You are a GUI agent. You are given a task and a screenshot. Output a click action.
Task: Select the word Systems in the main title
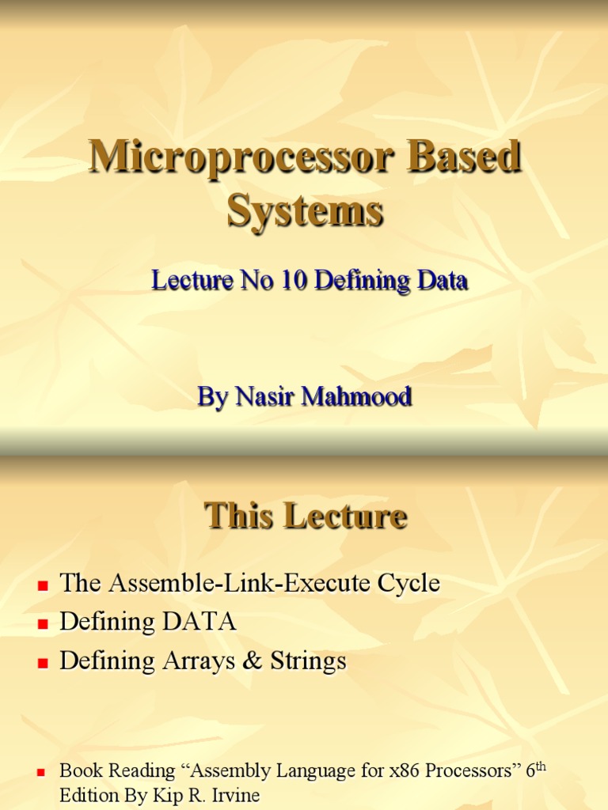pyautogui.click(x=305, y=211)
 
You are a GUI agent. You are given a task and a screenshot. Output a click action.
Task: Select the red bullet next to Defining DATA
pyautogui.click(x=43, y=624)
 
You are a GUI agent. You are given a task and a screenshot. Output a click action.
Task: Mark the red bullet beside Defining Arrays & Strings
pyautogui.click(x=43, y=663)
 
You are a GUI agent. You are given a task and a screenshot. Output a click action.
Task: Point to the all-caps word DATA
pyautogui.click(x=199, y=623)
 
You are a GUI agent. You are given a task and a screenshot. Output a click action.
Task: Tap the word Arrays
pyautogui.click(x=194, y=660)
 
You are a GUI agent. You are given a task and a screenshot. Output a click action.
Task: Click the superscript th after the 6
pyautogui.click(x=540, y=766)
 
